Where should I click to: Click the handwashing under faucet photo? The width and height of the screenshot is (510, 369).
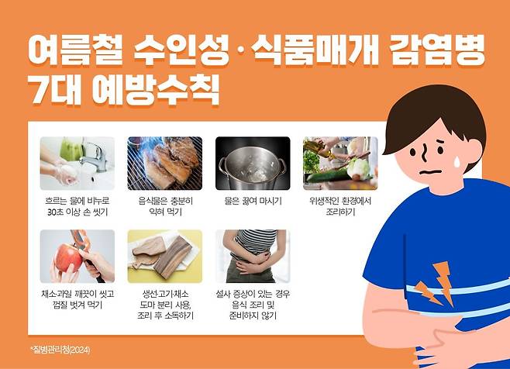coord(78,164)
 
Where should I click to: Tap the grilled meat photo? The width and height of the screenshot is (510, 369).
coord(164,164)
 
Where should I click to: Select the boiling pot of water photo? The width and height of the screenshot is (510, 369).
coord(253,164)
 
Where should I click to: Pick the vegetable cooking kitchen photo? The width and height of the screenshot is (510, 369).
coord(340,164)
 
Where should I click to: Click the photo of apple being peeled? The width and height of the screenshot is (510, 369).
coord(78,256)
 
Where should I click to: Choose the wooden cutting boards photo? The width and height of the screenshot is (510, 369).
coord(164,256)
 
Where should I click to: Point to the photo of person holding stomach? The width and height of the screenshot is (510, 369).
coord(253,256)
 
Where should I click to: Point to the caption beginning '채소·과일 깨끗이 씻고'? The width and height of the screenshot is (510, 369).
coord(78,299)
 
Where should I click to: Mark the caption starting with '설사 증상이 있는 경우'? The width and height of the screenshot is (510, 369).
coord(253,305)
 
